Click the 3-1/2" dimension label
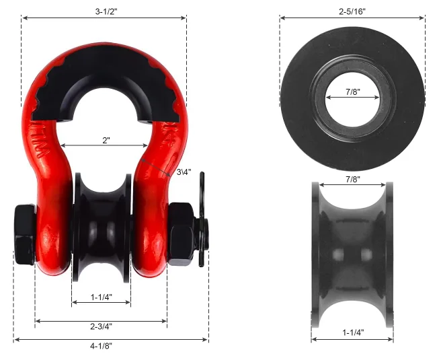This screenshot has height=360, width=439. pyautogui.click(x=106, y=11)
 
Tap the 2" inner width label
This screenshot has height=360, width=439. pyautogui.click(x=106, y=141)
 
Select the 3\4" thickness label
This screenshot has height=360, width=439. pyautogui.click(x=184, y=172)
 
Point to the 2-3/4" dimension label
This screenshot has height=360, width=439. pyautogui.click(x=101, y=326)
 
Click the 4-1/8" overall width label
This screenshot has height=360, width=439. pyautogui.click(x=101, y=346)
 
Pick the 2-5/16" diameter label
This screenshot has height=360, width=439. pyautogui.click(x=352, y=11)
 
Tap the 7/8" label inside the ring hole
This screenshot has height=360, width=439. pyautogui.click(x=353, y=92)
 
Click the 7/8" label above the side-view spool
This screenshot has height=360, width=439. pyautogui.click(x=353, y=179)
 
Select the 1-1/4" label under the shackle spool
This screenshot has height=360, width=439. pyautogui.click(x=102, y=297)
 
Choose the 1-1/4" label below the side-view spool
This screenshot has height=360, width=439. pyautogui.click(x=354, y=332)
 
